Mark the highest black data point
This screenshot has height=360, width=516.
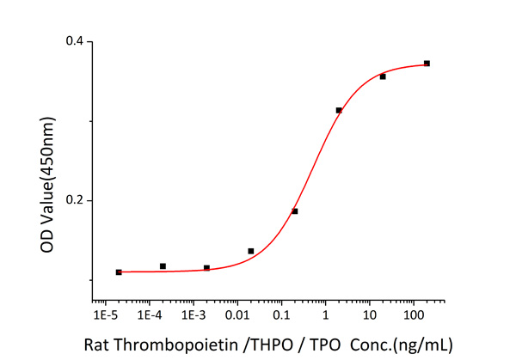[427, 64]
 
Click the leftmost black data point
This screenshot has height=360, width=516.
[119, 272]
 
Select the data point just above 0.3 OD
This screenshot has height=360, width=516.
[339, 110]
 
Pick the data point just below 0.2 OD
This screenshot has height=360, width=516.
[294, 211]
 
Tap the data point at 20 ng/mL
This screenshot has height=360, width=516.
[383, 76]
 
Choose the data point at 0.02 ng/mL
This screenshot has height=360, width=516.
[250, 251]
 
